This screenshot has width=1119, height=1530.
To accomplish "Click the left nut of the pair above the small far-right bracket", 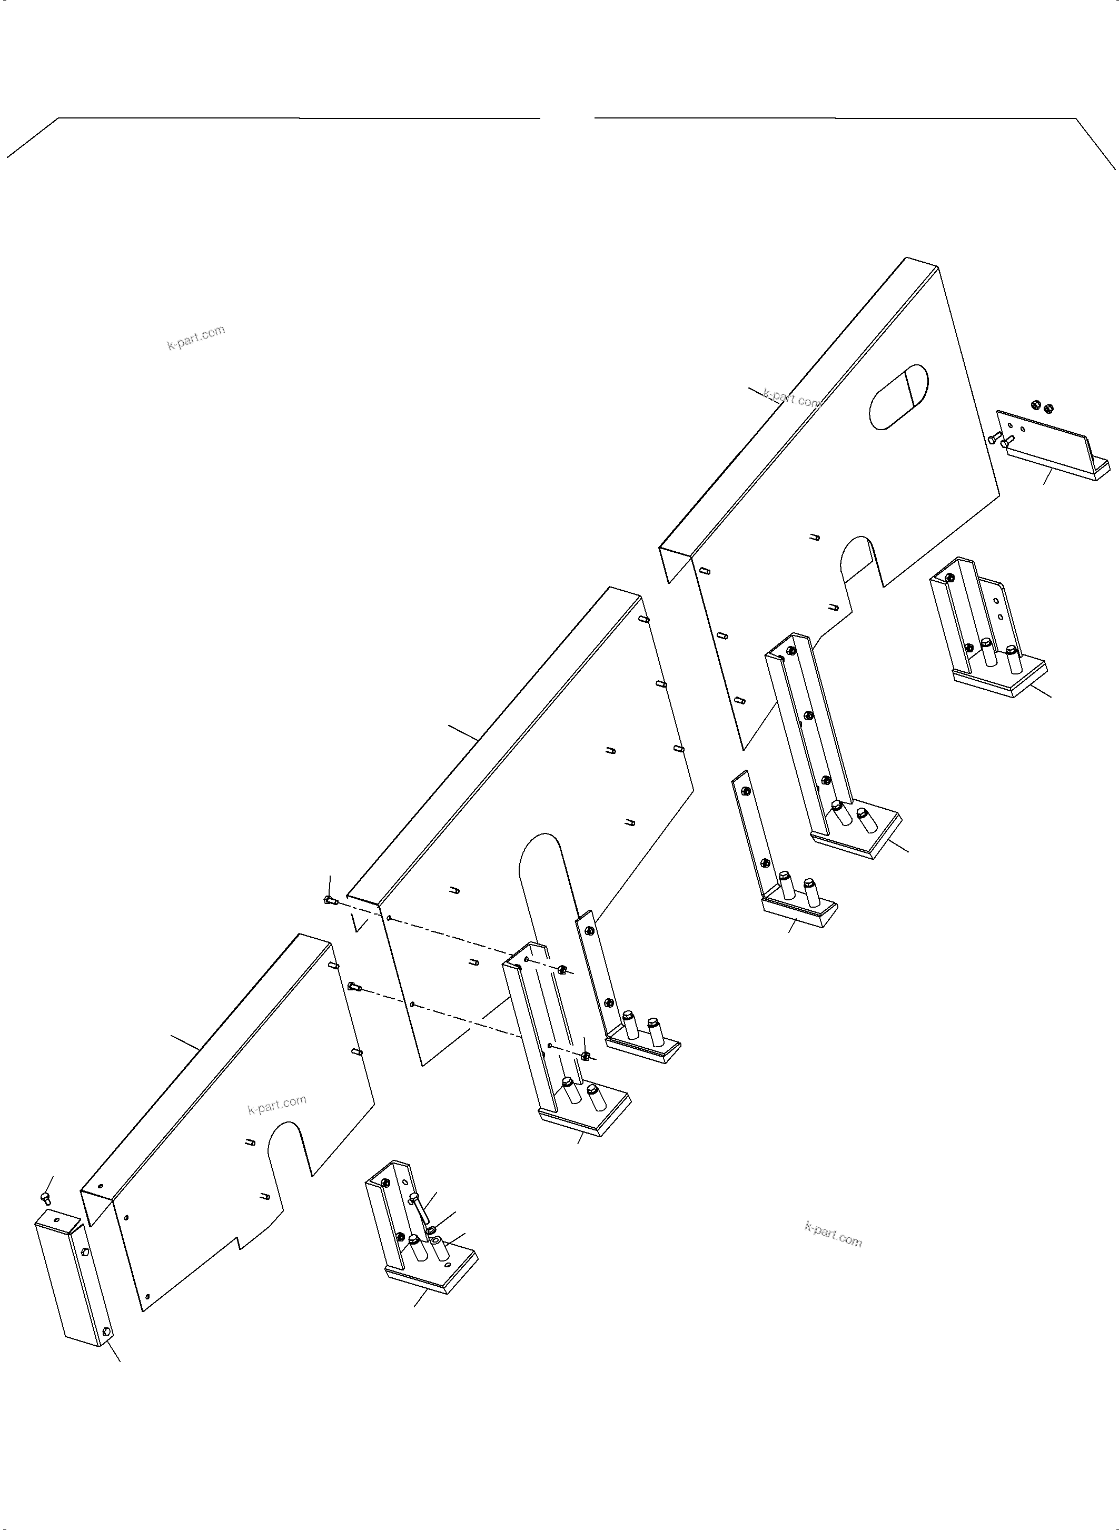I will tap(1036, 404).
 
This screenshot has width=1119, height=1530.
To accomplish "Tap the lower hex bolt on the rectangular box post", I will tap(106, 1332).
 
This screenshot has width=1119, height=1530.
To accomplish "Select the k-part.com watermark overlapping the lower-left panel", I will tap(277, 1105).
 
